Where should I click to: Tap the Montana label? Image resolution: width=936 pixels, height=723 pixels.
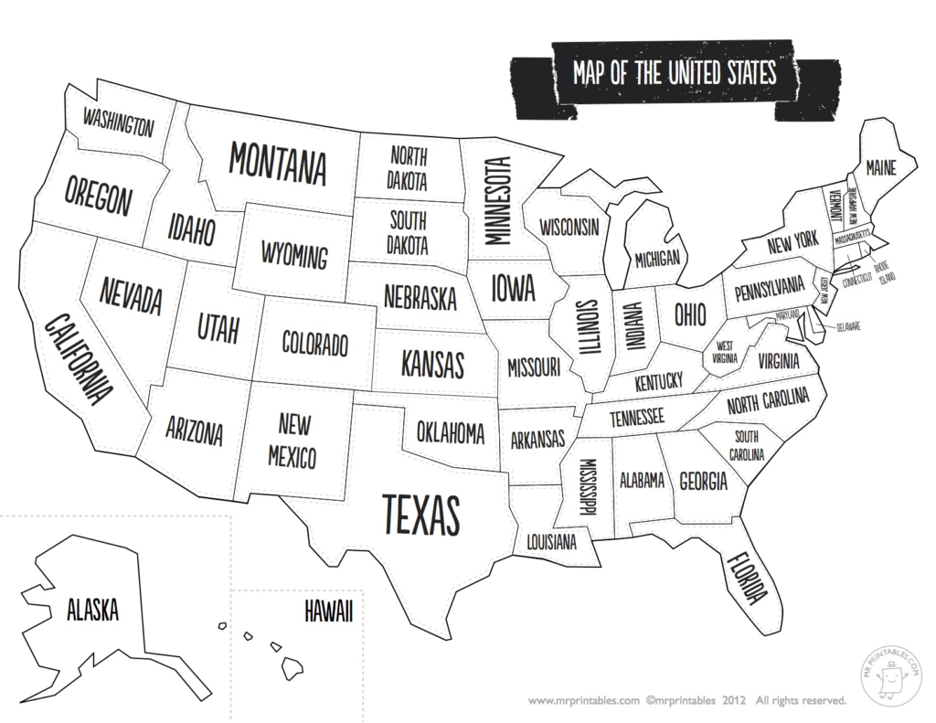click(x=277, y=163)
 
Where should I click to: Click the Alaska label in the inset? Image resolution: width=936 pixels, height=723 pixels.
click(x=92, y=609)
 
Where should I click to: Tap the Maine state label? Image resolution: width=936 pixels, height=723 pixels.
click(x=881, y=167)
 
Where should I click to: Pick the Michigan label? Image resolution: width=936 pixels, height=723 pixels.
click(x=657, y=259)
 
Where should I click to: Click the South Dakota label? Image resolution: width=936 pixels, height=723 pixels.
click(x=408, y=233)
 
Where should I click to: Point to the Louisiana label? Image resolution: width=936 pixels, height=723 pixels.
click(x=551, y=542)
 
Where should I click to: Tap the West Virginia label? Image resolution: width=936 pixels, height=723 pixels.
click(x=726, y=352)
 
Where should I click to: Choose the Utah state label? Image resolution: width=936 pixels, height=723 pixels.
click(x=218, y=326)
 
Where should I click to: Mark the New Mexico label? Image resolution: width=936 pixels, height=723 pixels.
click(x=292, y=440)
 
